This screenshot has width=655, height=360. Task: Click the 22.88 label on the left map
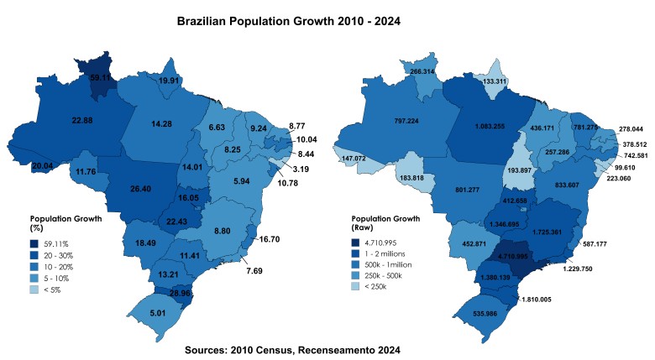pos(81,121)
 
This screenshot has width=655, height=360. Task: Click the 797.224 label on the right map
pos(406,120)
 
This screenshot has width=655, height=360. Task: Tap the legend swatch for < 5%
pos(34,289)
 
